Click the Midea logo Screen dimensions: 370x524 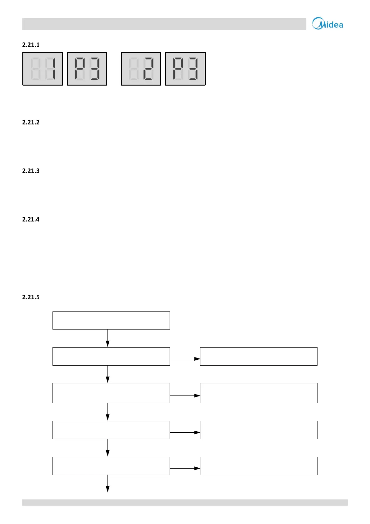point(327,24)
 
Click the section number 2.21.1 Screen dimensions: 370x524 point(31,45)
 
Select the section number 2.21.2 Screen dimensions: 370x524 point(31,122)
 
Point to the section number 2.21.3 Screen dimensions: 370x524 point(31,171)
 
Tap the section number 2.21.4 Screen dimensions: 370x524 point(31,219)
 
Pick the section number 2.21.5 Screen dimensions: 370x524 point(31,297)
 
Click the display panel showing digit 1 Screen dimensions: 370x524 point(43,69)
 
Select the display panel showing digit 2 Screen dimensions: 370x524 point(141,69)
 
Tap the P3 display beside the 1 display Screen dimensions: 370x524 point(87,69)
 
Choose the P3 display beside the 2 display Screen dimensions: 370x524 point(185,69)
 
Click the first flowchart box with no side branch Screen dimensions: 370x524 point(111,320)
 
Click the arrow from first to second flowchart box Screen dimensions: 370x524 point(107,338)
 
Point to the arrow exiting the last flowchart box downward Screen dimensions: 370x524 point(107,484)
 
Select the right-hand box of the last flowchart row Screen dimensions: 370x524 point(258,466)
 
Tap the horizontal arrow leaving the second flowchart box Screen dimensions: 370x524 point(185,359)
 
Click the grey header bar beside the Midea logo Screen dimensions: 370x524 point(164,24)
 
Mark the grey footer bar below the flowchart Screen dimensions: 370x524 point(185,503)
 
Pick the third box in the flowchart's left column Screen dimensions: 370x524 point(111,393)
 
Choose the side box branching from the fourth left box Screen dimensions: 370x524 point(258,430)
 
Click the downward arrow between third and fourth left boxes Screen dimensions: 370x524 point(107,412)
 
